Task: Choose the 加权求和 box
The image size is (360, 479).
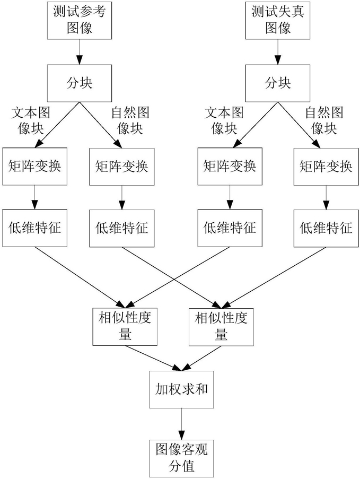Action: [181, 389]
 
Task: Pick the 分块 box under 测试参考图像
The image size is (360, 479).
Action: [80, 83]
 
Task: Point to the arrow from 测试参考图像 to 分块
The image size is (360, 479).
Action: [80, 52]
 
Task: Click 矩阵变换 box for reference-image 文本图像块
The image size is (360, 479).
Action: [35, 166]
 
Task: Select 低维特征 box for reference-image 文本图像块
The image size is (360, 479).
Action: [35, 228]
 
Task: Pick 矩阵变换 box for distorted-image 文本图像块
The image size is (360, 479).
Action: [229, 166]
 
